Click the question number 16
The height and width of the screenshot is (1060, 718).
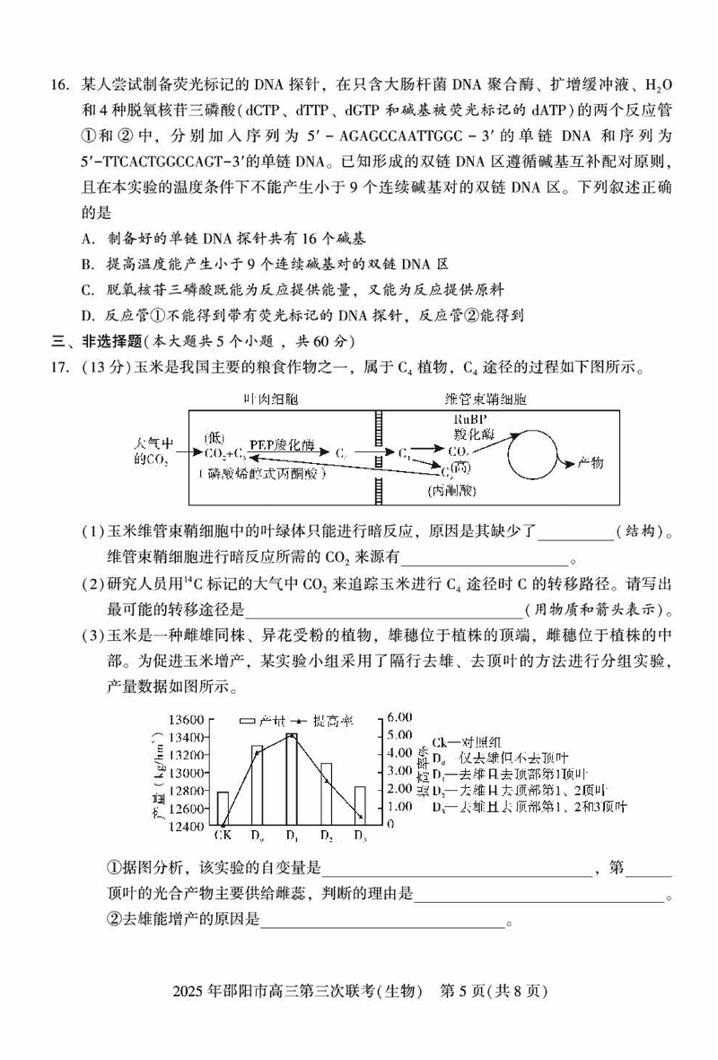(x=58, y=84)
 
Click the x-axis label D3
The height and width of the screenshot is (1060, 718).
(x=360, y=837)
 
